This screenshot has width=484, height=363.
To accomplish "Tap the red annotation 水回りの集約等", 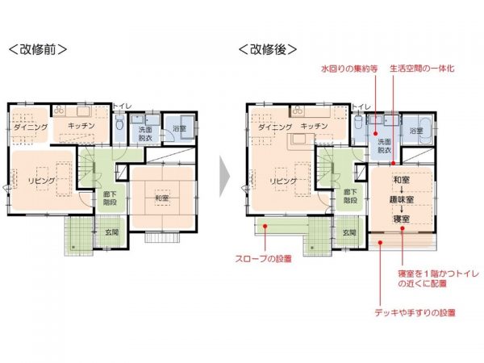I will [x=348, y=69].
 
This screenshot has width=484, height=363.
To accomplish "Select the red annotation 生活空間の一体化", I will [x=422, y=69].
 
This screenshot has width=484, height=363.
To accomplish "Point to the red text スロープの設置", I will [x=265, y=260].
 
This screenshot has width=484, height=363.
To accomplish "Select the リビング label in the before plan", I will [x=40, y=181].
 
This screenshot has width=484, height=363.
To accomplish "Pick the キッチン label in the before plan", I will [x=82, y=127].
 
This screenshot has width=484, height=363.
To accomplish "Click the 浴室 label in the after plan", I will [x=415, y=130].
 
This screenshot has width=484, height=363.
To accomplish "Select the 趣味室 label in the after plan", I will [x=401, y=198].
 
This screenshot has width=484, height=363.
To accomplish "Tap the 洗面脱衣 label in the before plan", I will [x=146, y=134].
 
